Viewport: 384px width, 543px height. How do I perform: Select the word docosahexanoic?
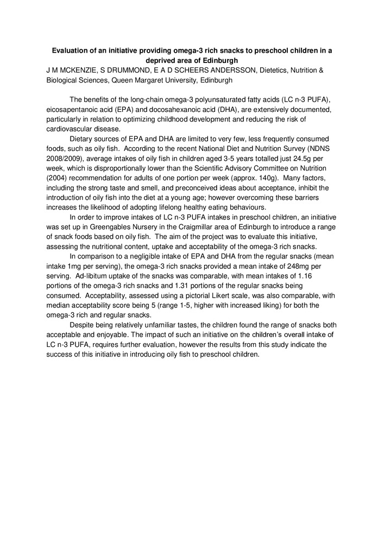pos(175,110)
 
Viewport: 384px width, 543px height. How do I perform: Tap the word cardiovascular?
pos(71,129)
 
